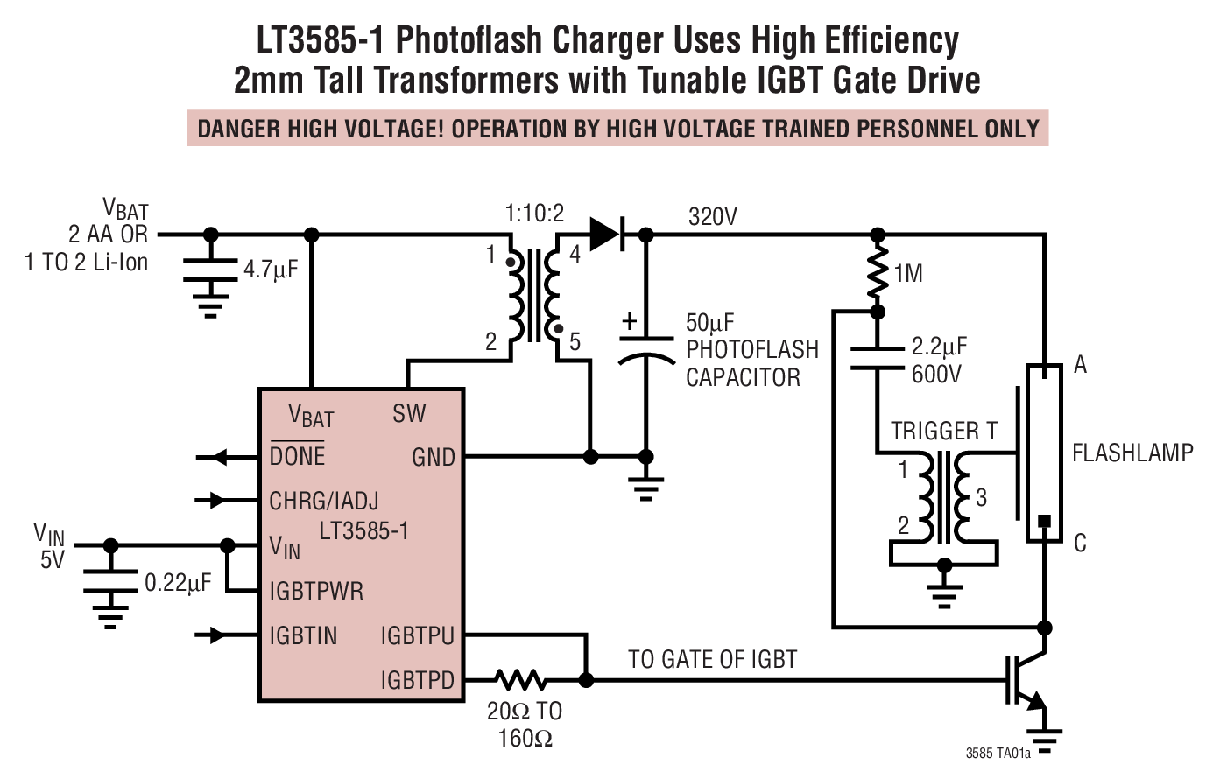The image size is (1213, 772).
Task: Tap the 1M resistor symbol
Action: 878,273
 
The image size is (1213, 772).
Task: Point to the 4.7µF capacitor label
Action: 271,270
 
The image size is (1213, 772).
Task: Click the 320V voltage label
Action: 712,216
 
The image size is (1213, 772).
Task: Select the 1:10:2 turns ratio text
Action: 534,213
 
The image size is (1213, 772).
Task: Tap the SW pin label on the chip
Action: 409,413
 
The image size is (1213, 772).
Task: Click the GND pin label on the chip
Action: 433,457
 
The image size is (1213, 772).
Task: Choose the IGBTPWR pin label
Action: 315,591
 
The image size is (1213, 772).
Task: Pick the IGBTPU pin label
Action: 417,635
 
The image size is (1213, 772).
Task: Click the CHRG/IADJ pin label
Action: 323,501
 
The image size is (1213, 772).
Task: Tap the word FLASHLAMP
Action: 1132,453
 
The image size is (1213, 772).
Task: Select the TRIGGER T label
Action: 944,431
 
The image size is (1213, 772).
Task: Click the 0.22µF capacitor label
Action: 177,583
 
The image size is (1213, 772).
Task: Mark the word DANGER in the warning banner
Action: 235,129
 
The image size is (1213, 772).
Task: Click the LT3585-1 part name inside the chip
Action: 363,530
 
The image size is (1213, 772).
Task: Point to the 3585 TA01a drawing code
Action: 998,754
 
